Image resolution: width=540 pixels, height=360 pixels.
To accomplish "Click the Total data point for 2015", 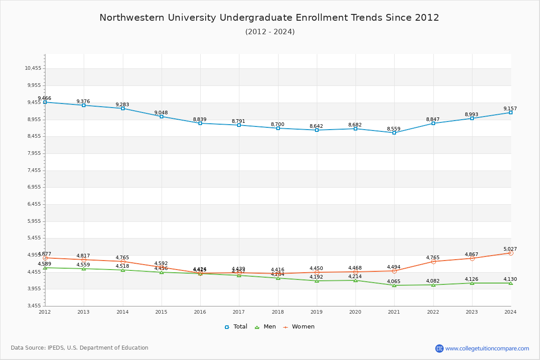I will coord(162,117).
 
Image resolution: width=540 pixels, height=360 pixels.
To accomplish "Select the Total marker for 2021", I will coord(394,133).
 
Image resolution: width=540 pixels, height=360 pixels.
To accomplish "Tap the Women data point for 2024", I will coord(511,253).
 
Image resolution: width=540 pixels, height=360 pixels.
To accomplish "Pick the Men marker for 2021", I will coord(394,285).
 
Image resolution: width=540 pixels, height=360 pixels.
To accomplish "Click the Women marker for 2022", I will coord(433,261).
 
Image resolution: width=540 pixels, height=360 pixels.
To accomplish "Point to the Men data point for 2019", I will coord(317,281).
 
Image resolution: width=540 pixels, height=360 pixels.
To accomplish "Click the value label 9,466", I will coord(45,98).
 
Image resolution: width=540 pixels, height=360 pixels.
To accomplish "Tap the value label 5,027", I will coord(510,249).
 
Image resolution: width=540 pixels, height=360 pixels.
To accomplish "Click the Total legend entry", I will coord(236,327).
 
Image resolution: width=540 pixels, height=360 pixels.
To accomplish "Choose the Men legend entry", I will coord(265,327).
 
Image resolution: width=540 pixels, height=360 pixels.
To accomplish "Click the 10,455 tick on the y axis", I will coord(33,68).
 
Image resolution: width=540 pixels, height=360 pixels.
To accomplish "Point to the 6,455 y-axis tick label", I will coord(33,204).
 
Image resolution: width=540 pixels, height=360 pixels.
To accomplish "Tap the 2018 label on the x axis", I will coord(278,312).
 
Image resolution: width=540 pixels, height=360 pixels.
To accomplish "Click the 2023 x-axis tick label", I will coord(472,312).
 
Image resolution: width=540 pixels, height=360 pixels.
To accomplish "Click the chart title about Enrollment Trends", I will coord(269,18).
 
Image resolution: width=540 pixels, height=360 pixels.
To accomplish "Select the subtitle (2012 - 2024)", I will coord(270,32).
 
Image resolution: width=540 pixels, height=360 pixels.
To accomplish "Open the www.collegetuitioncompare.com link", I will coord(487,348).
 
